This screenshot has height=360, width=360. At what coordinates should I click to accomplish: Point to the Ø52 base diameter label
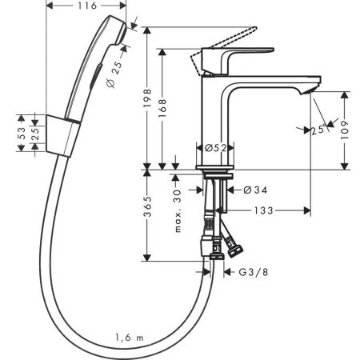(x=213, y=149)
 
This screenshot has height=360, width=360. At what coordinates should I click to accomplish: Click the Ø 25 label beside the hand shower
(x=113, y=73)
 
